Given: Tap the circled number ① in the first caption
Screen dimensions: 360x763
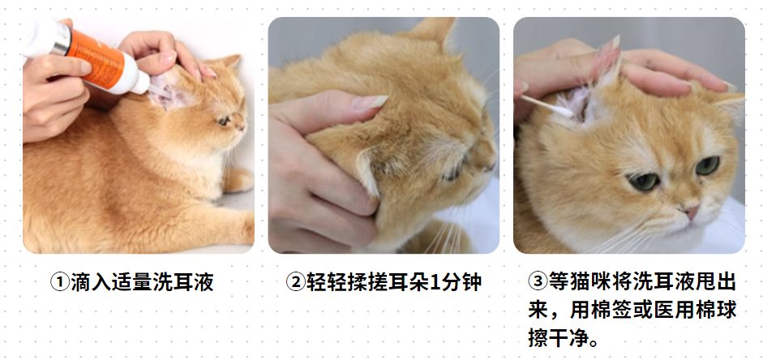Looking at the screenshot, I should [x=60, y=283].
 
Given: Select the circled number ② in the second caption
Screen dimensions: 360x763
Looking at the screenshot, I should [x=295, y=283].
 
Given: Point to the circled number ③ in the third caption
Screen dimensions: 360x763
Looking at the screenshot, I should [x=538, y=283].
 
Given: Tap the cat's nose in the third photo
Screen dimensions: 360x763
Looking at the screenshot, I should [x=689, y=212].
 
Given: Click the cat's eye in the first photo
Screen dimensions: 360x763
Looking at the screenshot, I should [x=222, y=120].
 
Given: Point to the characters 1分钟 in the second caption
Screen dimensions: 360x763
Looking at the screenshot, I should [x=456, y=283].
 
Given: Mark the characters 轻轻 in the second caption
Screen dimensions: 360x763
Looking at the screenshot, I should [x=324, y=283].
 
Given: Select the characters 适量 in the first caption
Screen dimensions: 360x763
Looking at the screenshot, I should [x=133, y=283].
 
